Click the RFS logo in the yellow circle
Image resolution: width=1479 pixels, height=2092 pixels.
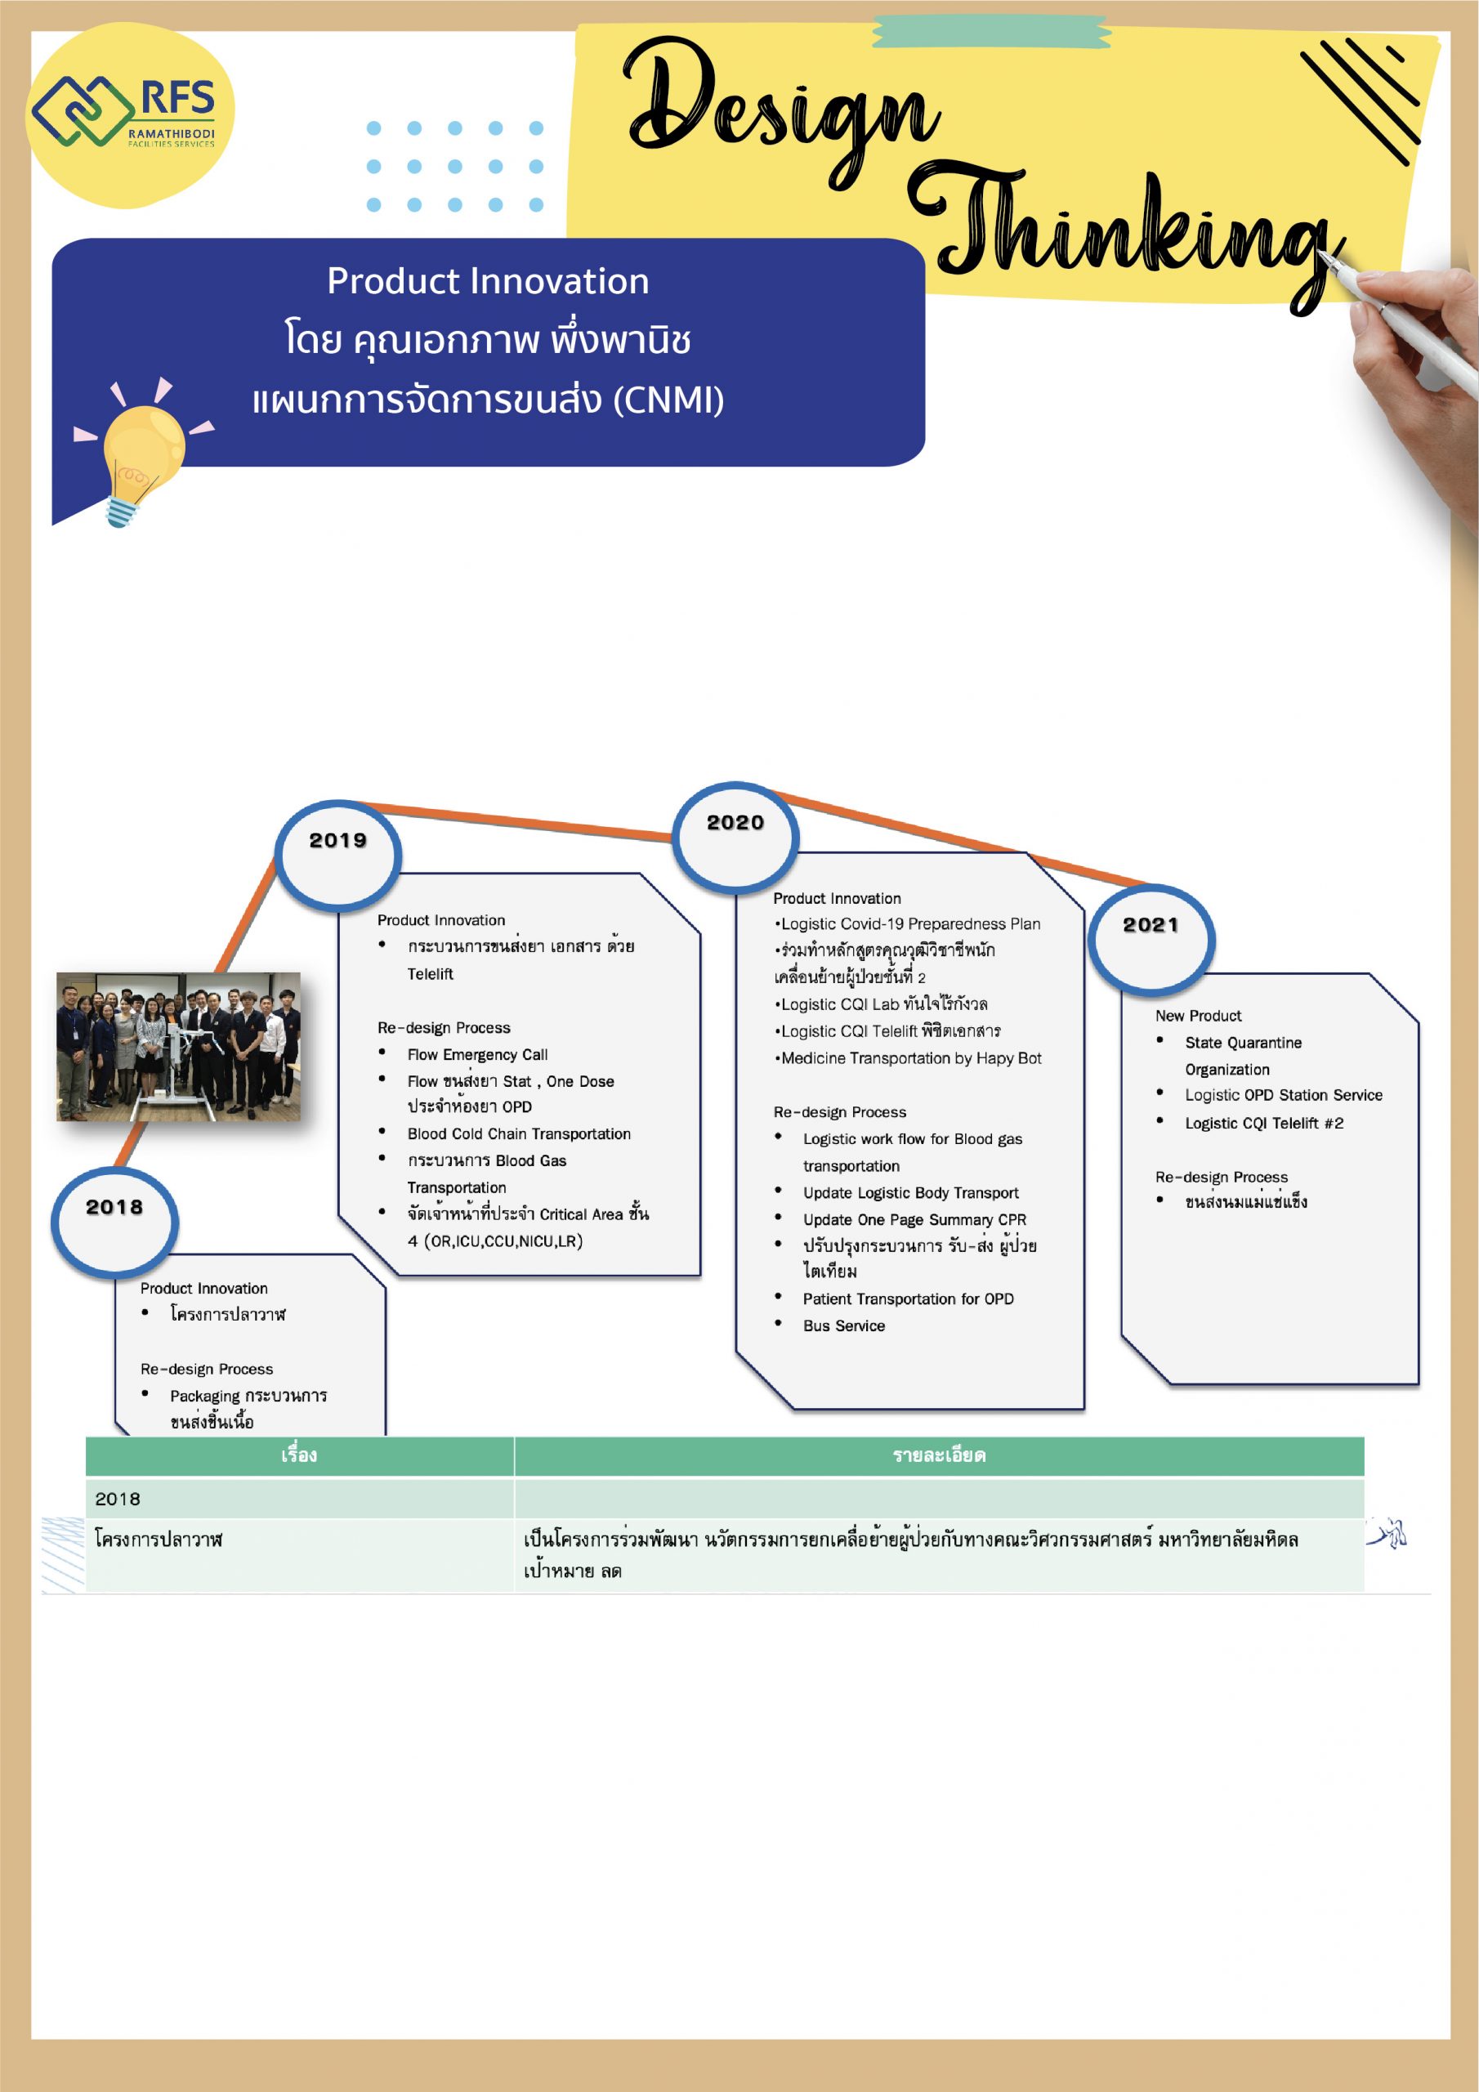(x=125, y=111)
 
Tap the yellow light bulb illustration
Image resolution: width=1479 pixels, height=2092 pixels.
(x=141, y=452)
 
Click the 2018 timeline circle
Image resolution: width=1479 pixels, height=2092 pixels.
(x=115, y=1220)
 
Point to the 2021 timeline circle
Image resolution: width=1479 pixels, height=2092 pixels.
(x=1151, y=938)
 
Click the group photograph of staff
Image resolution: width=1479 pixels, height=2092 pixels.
(x=179, y=1046)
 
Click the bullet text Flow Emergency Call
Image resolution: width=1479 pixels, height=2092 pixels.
(x=477, y=1054)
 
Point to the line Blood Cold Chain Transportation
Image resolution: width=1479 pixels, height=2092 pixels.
(x=519, y=1133)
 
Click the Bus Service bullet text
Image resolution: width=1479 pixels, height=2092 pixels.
(x=844, y=1325)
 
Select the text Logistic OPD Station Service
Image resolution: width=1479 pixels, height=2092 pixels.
(x=1283, y=1095)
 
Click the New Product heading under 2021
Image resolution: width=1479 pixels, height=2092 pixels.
(x=1199, y=1016)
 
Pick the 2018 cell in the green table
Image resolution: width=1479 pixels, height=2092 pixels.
(x=118, y=1499)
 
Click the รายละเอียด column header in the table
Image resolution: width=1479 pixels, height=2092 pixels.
(x=939, y=1455)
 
